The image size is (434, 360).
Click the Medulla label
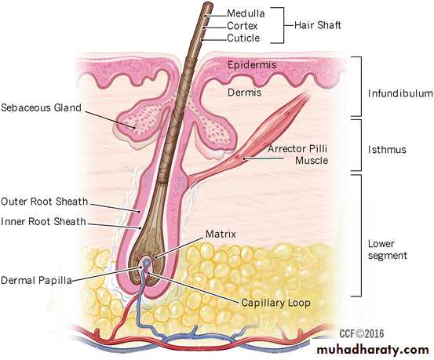[x=246, y=13]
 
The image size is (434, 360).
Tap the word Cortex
[x=243, y=26]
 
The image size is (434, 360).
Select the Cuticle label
[x=243, y=38]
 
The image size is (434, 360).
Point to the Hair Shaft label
[x=318, y=25]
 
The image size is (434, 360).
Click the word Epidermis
[x=252, y=65]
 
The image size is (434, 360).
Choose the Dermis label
[x=244, y=92]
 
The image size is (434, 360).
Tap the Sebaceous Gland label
[x=41, y=107]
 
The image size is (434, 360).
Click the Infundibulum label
[x=400, y=93]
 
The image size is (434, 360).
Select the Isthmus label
[x=387, y=150]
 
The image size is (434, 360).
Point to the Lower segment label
[x=388, y=249]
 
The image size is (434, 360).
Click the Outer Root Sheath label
[x=44, y=202]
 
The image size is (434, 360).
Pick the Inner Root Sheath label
[x=43, y=221]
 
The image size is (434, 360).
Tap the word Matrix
[x=221, y=234]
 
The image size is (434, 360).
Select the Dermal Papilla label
[x=36, y=280]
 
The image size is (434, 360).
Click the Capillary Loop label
[x=275, y=303]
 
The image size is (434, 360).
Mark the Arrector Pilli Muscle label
[x=297, y=155]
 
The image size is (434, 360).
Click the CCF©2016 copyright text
[x=362, y=333]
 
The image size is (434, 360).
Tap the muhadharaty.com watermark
[x=373, y=350]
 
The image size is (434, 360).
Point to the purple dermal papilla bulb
[x=146, y=262]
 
